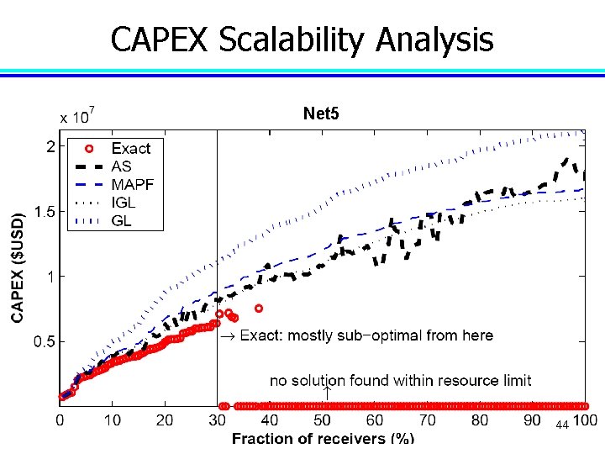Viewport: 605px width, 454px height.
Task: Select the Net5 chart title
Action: [321, 113]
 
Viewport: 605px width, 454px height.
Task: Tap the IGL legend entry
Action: [123, 203]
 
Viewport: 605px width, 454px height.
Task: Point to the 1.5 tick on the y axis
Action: [45, 213]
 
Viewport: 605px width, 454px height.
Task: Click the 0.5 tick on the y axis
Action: [45, 342]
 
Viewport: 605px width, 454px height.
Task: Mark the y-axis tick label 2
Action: [51, 147]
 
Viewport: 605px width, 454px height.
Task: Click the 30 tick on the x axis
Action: [218, 420]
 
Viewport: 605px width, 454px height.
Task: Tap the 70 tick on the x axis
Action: [427, 420]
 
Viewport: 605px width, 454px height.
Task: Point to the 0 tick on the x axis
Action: [60, 420]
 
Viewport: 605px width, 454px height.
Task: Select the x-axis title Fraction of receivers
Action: [323, 438]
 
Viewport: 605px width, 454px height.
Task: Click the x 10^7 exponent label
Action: [76, 116]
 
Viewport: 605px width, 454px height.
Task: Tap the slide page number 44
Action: [562, 425]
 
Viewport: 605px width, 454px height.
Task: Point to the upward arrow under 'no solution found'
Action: [327, 392]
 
